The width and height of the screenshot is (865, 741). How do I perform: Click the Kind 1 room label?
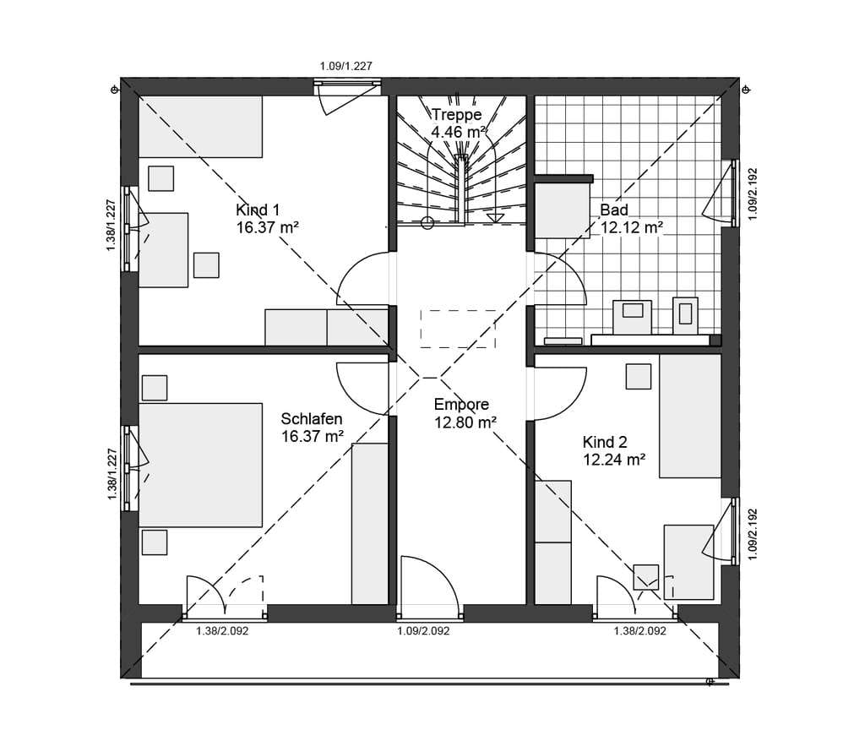click(x=258, y=210)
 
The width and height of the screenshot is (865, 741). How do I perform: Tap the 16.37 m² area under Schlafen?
click(x=313, y=437)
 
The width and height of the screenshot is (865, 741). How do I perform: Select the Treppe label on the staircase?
click(x=456, y=114)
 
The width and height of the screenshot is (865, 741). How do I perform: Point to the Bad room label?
click(x=614, y=210)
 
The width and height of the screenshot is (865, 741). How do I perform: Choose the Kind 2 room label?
click(x=605, y=442)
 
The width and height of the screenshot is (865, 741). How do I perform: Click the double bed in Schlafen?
click(x=200, y=465)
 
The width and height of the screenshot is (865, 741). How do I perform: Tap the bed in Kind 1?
click(x=199, y=127)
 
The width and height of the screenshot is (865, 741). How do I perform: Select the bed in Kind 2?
click(x=690, y=416)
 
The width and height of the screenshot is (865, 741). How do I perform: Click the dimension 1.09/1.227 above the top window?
click(x=345, y=66)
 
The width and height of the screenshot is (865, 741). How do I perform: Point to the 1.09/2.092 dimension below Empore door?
click(x=424, y=630)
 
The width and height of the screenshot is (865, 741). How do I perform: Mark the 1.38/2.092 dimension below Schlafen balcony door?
click(x=222, y=630)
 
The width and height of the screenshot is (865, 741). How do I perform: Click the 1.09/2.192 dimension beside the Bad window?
click(x=753, y=194)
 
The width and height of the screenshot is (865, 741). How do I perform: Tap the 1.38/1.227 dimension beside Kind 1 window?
click(x=111, y=226)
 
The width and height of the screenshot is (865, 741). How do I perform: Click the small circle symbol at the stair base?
click(x=427, y=223)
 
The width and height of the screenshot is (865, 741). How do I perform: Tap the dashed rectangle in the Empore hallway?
click(x=458, y=329)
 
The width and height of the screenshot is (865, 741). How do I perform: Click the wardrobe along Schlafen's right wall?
click(x=370, y=523)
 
